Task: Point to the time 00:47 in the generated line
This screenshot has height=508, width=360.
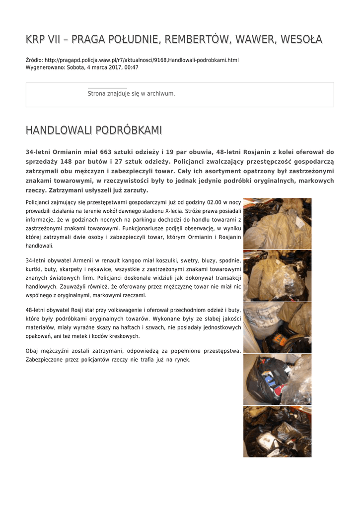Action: point(132,67)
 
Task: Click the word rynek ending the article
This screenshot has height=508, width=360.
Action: point(182,359)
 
